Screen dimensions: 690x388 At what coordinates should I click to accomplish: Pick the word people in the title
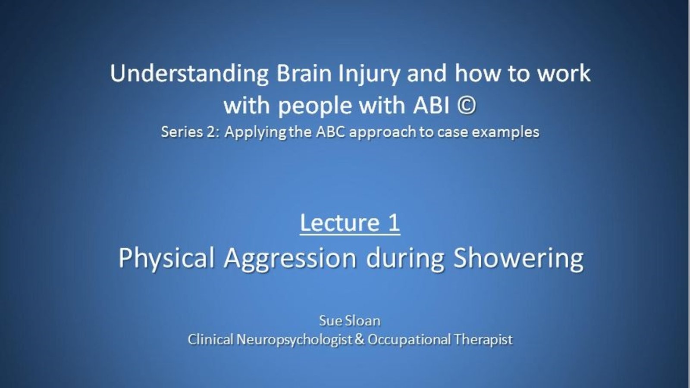click(x=315, y=106)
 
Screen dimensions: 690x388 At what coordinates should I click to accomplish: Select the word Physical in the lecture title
click(x=166, y=258)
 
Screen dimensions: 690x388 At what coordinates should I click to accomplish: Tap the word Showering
click(x=519, y=259)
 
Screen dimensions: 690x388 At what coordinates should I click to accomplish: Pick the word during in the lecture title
click(x=405, y=259)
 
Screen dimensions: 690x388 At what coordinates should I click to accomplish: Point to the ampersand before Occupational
click(x=360, y=339)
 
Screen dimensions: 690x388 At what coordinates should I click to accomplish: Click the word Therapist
click(x=483, y=340)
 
